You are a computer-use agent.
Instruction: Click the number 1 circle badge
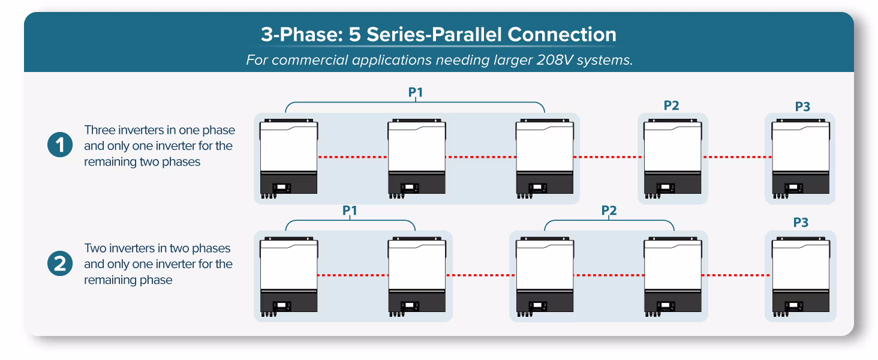tap(60, 146)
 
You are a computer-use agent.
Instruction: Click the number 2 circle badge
tap(60, 264)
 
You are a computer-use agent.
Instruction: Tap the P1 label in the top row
tap(416, 93)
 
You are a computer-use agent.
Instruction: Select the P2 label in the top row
tap(671, 106)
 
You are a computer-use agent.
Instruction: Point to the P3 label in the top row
tap(802, 107)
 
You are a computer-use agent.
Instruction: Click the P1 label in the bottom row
tap(350, 211)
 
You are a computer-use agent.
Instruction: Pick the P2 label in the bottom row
tap(609, 211)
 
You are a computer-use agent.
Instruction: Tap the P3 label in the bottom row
tap(801, 223)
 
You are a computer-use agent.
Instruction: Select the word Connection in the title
tap(561, 35)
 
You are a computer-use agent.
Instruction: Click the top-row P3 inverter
tap(801, 157)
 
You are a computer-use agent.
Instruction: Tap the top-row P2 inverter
tap(672, 157)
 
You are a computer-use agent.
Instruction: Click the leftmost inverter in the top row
tap(288, 157)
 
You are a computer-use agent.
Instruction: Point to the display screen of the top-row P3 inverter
tap(795, 187)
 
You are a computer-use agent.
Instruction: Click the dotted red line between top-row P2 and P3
tap(736, 157)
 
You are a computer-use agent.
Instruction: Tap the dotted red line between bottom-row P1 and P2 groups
tap(480, 275)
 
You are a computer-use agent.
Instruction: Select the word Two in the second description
tap(96, 248)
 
